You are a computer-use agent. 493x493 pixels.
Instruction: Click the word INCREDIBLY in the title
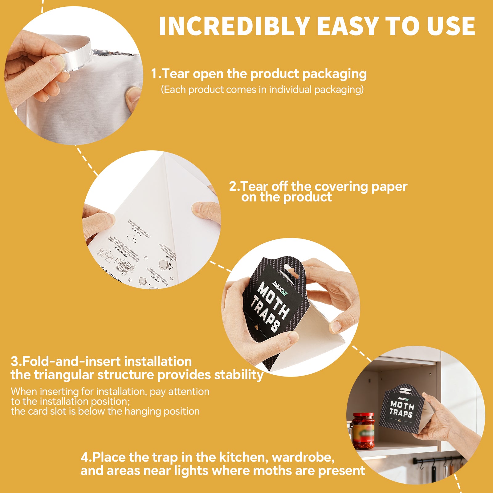pos(234,26)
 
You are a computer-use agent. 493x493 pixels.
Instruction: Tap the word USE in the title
pos(451,26)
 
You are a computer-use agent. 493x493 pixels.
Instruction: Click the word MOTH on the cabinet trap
pos(402,405)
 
